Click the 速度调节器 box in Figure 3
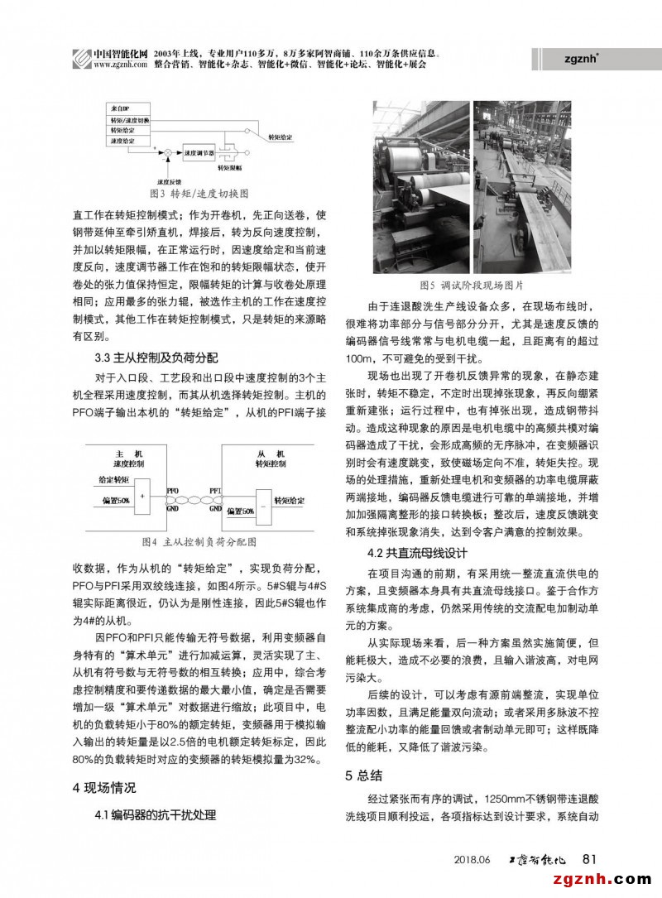(199, 153)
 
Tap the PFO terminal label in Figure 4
(172, 489)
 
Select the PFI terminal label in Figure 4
(214, 489)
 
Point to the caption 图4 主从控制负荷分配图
(199, 542)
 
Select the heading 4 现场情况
(104, 787)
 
